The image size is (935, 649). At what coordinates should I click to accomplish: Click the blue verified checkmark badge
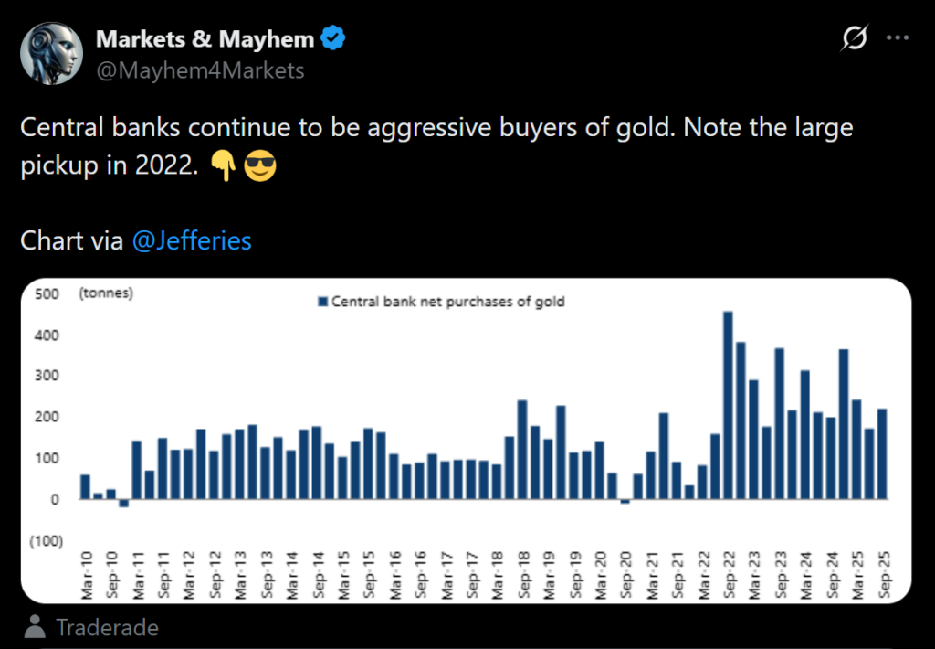pos(334,39)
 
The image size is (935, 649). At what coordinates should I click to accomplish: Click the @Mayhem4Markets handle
pos(200,70)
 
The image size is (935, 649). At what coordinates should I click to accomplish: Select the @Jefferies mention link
pos(192,241)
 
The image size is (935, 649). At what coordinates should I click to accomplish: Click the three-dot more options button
pos(898,38)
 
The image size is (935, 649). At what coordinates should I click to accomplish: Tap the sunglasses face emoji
pos(260,168)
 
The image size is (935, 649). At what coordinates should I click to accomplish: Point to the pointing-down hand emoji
pos(224,168)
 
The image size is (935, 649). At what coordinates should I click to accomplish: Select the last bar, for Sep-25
pos(882,453)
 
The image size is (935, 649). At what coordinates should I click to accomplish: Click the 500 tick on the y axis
pos(48,294)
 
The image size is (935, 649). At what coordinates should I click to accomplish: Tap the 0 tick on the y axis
pos(54,500)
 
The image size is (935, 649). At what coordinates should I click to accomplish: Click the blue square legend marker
pos(321,302)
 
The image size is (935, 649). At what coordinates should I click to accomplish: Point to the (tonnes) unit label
pos(106,293)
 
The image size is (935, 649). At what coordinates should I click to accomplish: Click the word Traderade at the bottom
pos(107,628)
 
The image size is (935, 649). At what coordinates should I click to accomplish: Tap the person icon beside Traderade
pos(36,627)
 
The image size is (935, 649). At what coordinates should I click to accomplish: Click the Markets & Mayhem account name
pos(205,39)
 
